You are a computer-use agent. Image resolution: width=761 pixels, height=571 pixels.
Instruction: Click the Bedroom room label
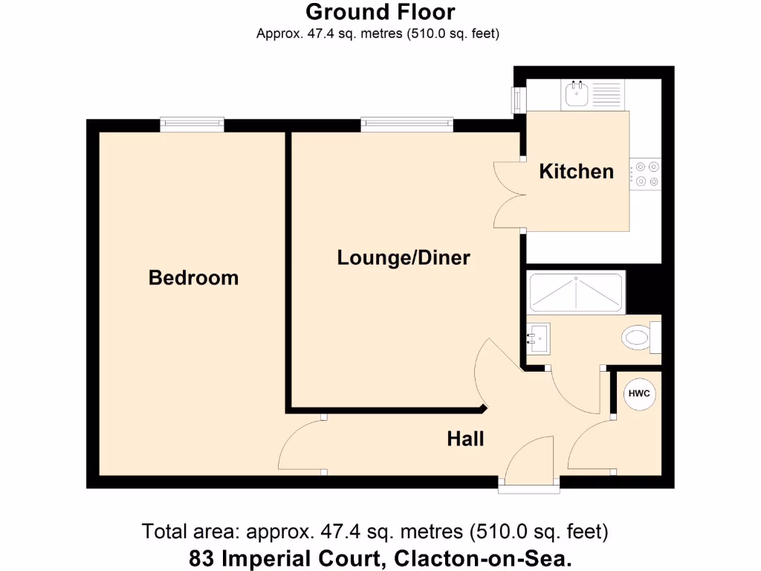point(193,278)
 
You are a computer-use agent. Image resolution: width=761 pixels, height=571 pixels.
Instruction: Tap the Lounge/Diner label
point(404,258)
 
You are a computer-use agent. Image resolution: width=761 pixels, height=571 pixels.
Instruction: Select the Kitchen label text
point(576,172)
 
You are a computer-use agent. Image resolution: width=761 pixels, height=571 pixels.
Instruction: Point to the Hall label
point(465,439)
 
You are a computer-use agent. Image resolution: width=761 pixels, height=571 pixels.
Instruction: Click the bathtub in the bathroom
point(576,294)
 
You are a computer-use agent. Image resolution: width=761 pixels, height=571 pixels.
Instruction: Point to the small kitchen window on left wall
point(515,100)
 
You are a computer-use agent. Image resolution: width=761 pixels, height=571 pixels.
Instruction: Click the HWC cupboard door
point(592,447)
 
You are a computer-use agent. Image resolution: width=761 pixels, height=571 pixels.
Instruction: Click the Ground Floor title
point(380,13)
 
